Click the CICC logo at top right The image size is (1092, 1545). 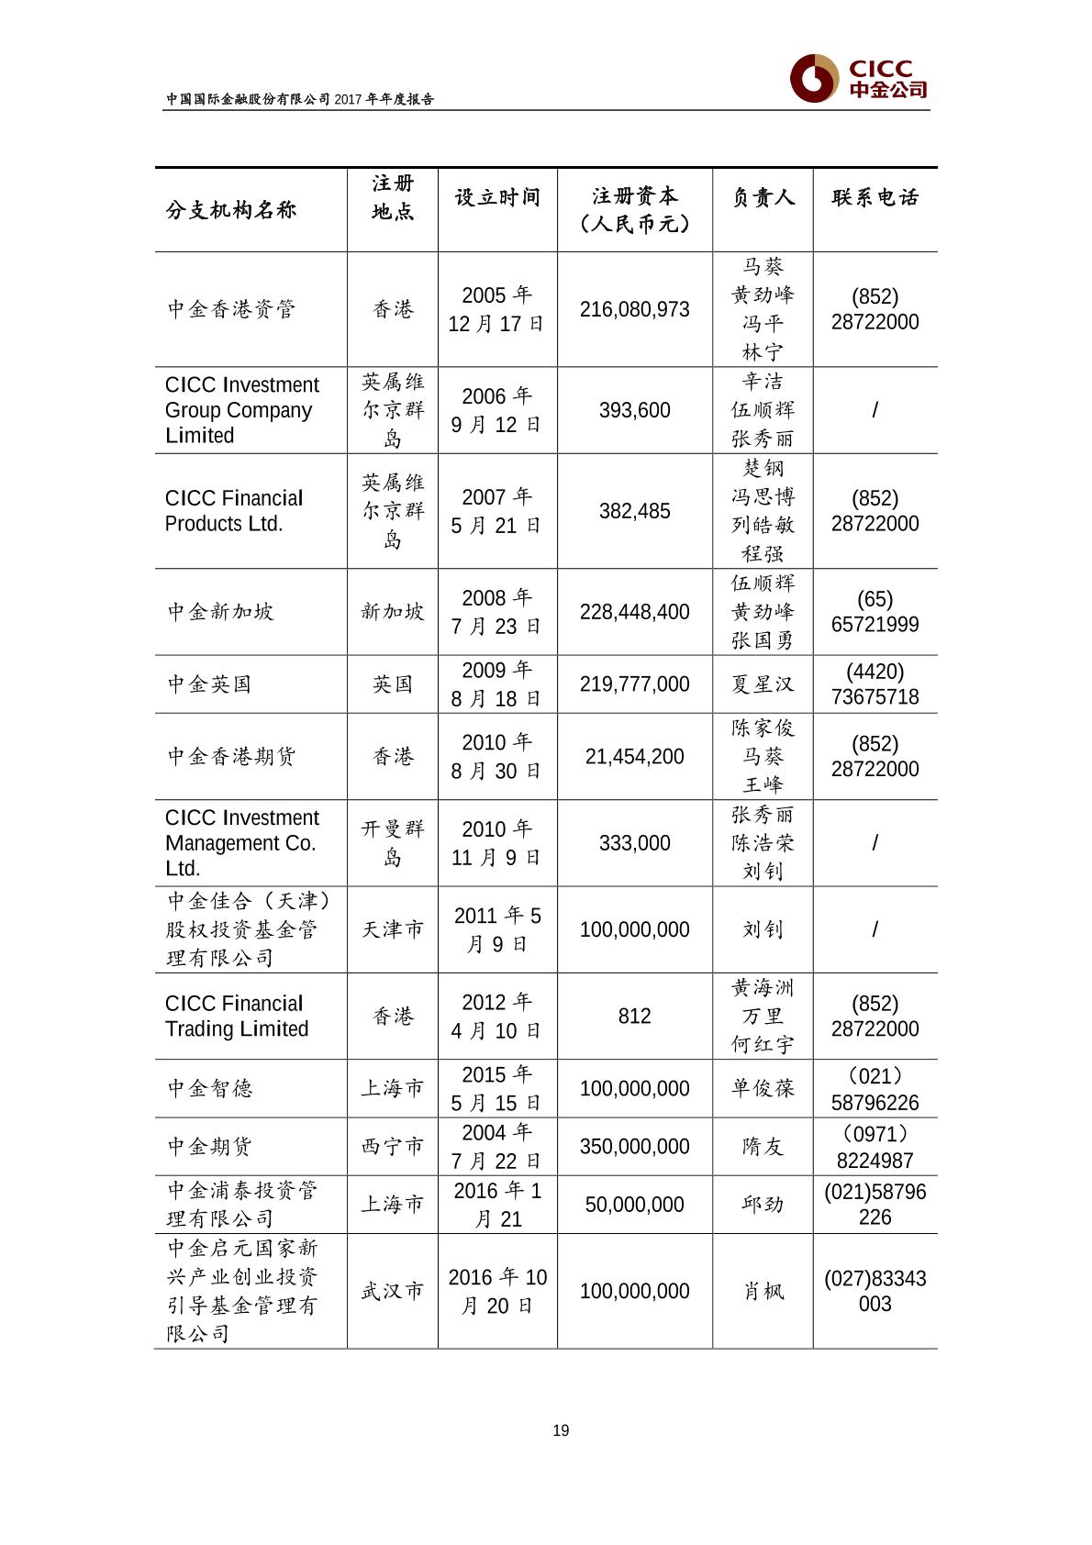(858, 79)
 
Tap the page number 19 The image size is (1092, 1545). (561, 1430)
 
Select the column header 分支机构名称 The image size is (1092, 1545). (231, 210)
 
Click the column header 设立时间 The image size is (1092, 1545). (497, 197)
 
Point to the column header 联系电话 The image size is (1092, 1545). (875, 197)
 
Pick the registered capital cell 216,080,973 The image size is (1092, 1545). (634, 309)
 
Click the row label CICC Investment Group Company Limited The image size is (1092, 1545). (242, 410)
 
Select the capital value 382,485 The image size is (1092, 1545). (634, 511)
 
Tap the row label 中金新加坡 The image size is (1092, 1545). (220, 611)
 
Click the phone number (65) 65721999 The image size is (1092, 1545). (875, 612)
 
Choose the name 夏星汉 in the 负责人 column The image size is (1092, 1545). (763, 684)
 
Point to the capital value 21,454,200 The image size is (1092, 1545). (634, 757)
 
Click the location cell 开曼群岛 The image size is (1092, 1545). (393, 843)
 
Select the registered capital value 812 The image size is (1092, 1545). (634, 1017)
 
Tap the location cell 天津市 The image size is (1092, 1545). (393, 929)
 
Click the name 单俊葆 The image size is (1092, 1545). (763, 1089)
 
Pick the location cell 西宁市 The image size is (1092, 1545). (393, 1147)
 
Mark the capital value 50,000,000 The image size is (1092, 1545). (634, 1205)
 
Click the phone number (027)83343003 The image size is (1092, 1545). (875, 1291)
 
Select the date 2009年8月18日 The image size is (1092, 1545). (496, 684)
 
